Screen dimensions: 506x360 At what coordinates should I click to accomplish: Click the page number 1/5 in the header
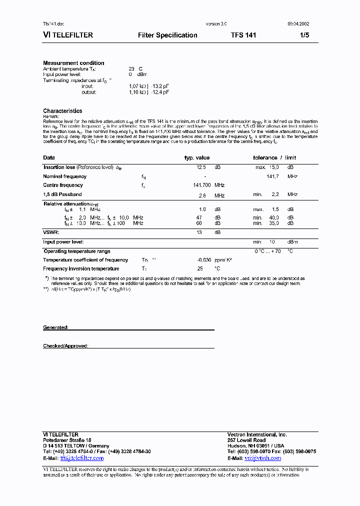click(x=304, y=35)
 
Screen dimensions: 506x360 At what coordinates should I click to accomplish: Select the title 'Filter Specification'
click(x=167, y=35)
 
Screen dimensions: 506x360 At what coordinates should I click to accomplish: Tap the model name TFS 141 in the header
click(x=243, y=35)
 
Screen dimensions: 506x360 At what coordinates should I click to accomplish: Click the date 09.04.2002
click(x=298, y=24)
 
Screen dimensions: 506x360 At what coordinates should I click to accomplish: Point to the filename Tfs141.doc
click(x=53, y=24)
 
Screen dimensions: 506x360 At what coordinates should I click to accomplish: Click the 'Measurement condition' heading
click(x=73, y=63)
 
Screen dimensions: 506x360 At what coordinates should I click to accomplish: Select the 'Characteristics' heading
click(x=62, y=111)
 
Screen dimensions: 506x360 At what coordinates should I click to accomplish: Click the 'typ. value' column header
click(x=197, y=158)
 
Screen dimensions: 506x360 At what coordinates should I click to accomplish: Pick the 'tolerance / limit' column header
click(x=274, y=158)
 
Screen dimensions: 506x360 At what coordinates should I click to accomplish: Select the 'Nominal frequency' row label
click(x=65, y=176)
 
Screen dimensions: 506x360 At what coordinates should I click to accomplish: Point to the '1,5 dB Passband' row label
click(x=62, y=194)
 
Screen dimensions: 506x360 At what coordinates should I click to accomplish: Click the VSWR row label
click(x=51, y=232)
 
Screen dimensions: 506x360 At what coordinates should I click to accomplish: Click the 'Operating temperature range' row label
click(x=77, y=251)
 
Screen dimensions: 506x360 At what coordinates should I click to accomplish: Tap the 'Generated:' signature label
click(x=55, y=327)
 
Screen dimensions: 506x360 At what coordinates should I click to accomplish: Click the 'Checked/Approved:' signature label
click(x=65, y=346)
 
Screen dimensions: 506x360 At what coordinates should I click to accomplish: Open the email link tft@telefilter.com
click(x=82, y=458)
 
